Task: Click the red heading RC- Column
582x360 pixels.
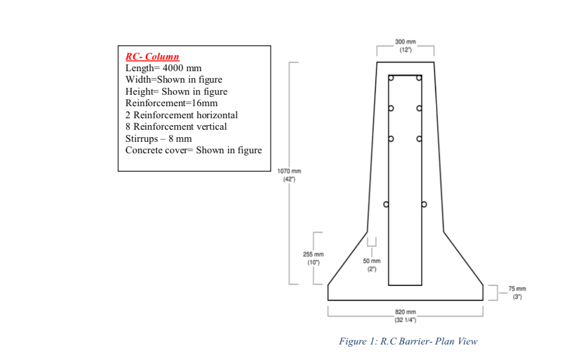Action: pyautogui.click(x=152, y=56)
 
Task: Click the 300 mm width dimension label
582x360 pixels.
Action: pyautogui.click(x=405, y=42)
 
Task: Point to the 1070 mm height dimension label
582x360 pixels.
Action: pyautogui.click(x=289, y=171)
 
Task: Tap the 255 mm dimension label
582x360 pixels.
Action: pyautogui.click(x=313, y=254)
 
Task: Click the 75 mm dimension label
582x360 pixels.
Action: pyautogui.click(x=517, y=289)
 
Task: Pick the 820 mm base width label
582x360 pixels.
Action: pyautogui.click(x=405, y=312)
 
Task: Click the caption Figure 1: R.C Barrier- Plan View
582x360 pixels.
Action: pyautogui.click(x=408, y=341)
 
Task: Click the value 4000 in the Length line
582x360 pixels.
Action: pyautogui.click(x=172, y=68)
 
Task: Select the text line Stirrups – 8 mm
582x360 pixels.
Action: pyautogui.click(x=159, y=138)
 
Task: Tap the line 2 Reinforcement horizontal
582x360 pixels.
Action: pyautogui.click(x=182, y=115)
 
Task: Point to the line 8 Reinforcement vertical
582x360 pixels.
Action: pyautogui.click(x=176, y=126)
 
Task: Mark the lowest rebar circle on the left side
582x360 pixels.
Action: pyautogui.click(x=387, y=204)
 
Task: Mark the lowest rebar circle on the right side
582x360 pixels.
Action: pyautogui.click(x=424, y=204)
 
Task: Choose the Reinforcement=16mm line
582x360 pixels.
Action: pyautogui.click(x=171, y=103)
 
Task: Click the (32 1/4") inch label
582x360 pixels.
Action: pyautogui.click(x=405, y=319)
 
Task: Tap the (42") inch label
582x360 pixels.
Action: pyautogui.click(x=289, y=179)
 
